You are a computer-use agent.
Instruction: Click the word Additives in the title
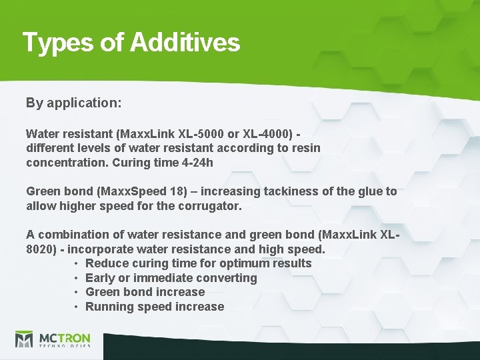(x=185, y=43)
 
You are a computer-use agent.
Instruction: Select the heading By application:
(x=73, y=103)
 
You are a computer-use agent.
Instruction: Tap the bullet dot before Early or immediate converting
(x=77, y=278)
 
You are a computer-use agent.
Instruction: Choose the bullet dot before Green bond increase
(x=77, y=292)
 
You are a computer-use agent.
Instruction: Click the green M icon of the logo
(x=25, y=340)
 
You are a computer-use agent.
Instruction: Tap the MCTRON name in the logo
(x=64, y=337)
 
